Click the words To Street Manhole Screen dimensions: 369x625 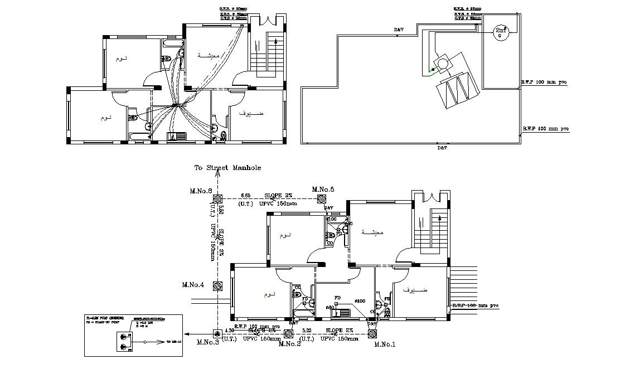point(227,167)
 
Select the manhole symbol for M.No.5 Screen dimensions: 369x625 point(322,199)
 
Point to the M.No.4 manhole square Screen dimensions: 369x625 point(218,285)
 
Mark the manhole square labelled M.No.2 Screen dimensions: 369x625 point(288,333)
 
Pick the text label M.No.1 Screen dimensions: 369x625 point(385,344)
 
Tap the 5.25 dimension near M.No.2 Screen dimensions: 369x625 point(308,331)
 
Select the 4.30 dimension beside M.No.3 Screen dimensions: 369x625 point(230,331)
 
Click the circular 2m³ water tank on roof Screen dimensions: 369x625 point(500,34)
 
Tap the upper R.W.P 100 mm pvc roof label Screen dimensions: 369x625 point(544,82)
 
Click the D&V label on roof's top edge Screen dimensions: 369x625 point(399,30)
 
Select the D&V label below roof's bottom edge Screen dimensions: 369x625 point(442,148)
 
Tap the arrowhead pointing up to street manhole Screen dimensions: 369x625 point(218,174)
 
